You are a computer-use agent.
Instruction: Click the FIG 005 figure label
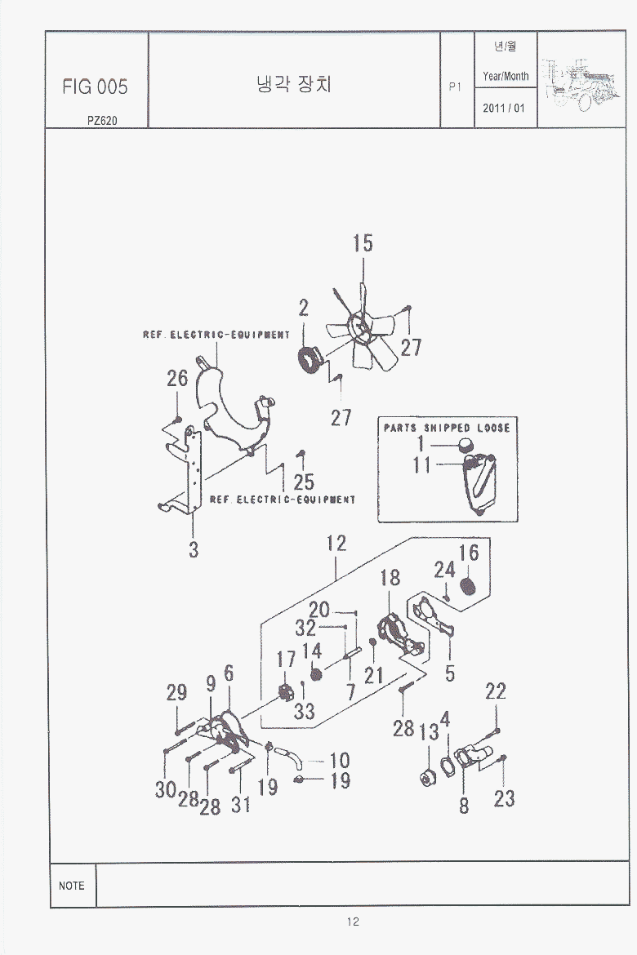[x=95, y=87]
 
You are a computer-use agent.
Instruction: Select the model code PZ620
[x=102, y=121]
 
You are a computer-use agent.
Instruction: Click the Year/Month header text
[x=506, y=76]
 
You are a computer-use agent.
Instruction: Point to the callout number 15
[x=363, y=242]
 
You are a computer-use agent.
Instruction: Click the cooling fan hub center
[x=359, y=326]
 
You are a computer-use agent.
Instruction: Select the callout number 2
[x=303, y=308]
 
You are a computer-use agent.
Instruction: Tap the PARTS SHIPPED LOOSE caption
[x=447, y=428]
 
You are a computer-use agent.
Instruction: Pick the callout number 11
[x=421, y=464]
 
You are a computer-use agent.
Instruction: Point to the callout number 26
[x=177, y=378]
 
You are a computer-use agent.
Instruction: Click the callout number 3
[x=194, y=549]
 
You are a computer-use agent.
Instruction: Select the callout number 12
[x=336, y=544]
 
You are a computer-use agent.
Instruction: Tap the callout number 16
[x=469, y=553]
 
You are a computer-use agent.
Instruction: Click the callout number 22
[x=496, y=691]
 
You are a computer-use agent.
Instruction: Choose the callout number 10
[x=340, y=761]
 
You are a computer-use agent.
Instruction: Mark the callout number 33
[x=305, y=711]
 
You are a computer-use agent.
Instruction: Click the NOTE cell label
[x=72, y=886]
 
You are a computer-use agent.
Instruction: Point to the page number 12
[x=352, y=922]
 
